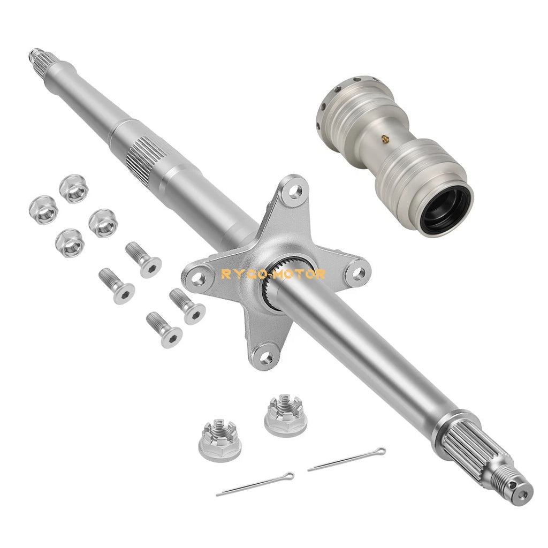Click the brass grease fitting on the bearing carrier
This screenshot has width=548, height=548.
click(x=385, y=139)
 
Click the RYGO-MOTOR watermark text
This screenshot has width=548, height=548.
click(x=273, y=274)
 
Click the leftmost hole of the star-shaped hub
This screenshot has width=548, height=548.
click(x=198, y=278)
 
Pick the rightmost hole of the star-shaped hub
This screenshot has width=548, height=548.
click(x=357, y=273)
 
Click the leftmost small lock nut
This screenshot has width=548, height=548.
click(x=43, y=210)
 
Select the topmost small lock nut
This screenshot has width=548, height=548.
click(x=73, y=188)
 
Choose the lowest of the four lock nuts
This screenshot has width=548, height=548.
click(x=70, y=243)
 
